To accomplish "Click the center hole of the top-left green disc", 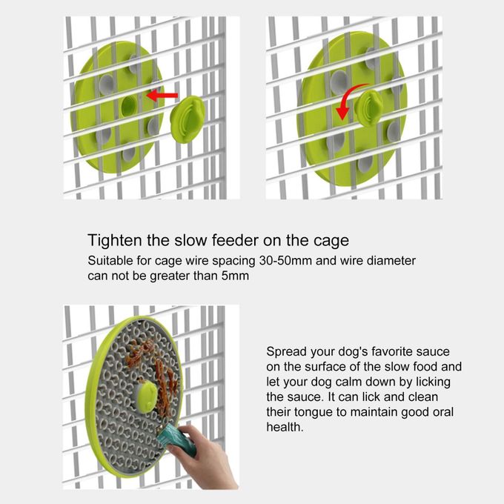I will [x=127, y=103].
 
